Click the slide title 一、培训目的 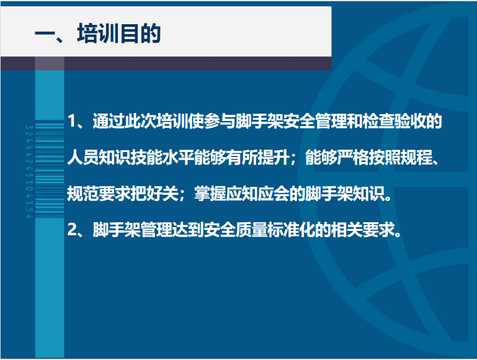[x=97, y=33]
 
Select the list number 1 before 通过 [x=71, y=121]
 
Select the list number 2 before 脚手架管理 [x=72, y=230]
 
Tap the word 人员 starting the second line [x=82, y=157]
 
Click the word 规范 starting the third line [x=82, y=193]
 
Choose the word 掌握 [x=210, y=193]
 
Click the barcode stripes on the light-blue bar [x=50, y=171]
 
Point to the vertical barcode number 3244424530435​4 [x=29, y=172]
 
